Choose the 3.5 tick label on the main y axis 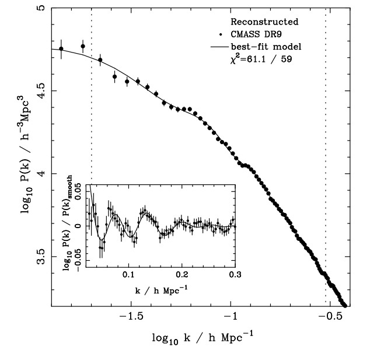coord(40,257)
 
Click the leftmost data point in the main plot coord(61,49)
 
